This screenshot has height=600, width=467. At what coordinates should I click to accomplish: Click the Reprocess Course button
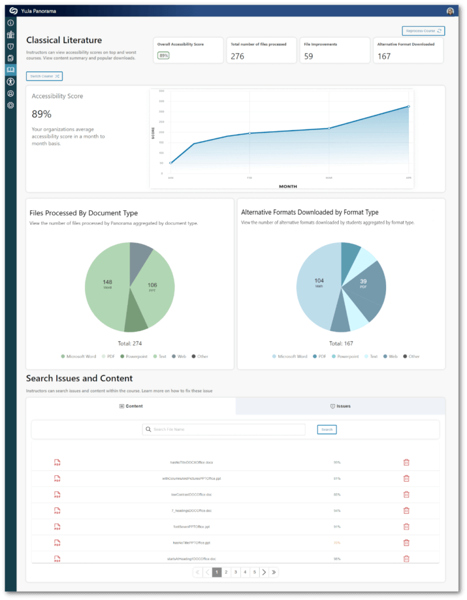(423, 30)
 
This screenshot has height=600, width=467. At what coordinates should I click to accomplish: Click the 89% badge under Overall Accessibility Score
(163, 56)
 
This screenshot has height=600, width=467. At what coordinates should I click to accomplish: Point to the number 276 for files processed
(237, 56)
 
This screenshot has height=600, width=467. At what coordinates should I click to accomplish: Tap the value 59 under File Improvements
(308, 56)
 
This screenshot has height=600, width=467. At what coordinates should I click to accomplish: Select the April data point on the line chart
(408, 107)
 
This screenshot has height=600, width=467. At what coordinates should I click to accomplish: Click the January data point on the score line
(171, 163)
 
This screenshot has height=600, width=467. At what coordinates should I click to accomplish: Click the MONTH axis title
(288, 186)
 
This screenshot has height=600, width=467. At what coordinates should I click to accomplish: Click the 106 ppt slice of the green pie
(152, 287)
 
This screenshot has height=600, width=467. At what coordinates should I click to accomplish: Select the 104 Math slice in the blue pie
(319, 282)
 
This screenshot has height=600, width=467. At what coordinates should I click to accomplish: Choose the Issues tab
(340, 406)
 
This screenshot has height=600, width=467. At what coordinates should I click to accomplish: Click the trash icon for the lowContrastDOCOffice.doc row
(406, 494)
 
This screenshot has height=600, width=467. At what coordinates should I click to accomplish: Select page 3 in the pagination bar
(236, 572)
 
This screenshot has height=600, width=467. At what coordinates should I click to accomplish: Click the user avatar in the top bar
(450, 11)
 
